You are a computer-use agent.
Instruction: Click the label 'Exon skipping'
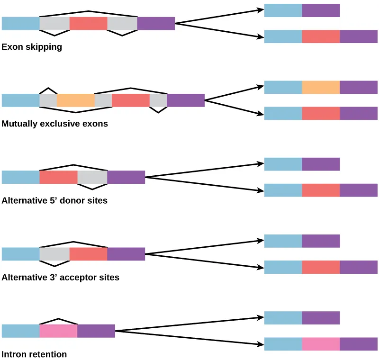click(x=32, y=47)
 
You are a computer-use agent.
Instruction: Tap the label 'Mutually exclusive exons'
click(x=55, y=124)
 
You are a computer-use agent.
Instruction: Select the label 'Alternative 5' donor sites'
click(x=54, y=200)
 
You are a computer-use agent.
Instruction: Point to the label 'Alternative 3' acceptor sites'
click(x=61, y=278)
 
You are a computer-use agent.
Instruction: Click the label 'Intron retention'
click(x=34, y=354)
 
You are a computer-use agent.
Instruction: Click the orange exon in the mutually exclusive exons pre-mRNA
click(x=76, y=100)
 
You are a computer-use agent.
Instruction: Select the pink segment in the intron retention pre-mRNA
click(x=58, y=331)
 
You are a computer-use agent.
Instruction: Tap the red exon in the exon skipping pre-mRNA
click(x=88, y=24)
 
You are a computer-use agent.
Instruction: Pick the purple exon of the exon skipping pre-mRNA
click(x=156, y=24)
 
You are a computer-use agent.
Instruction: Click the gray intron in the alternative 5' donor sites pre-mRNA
click(x=92, y=177)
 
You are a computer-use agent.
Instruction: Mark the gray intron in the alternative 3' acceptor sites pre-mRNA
click(x=54, y=254)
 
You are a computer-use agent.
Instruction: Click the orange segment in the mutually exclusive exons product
click(x=321, y=88)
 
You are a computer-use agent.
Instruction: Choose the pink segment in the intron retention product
click(x=321, y=344)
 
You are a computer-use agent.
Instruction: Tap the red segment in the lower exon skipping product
click(x=321, y=36)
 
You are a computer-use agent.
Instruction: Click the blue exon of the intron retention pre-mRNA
click(x=20, y=331)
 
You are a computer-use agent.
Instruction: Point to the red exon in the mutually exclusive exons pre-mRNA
click(x=130, y=100)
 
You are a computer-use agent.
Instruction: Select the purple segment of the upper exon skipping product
click(x=321, y=10)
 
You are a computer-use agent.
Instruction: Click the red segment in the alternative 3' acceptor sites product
click(x=321, y=267)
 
